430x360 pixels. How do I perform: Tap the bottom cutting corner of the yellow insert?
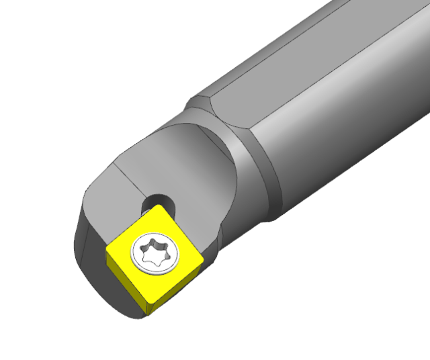[147, 310]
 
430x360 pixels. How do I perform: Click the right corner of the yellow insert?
[204, 258]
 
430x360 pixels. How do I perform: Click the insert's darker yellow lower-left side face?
[124, 285]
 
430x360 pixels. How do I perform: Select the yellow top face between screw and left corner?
[124, 252]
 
